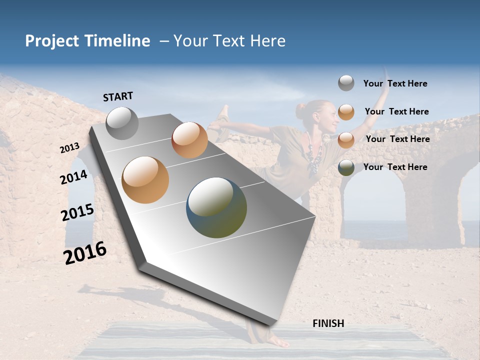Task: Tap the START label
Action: (x=118, y=96)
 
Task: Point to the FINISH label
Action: (x=328, y=323)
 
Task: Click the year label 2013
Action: (x=70, y=148)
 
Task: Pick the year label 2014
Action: (x=74, y=177)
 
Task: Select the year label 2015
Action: (x=77, y=212)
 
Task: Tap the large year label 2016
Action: (x=85, y=253)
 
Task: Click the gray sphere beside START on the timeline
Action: (x=122, y=123)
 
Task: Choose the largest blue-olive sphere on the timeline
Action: (x=216, y=207)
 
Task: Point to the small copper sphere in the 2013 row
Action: (x=189, y=140)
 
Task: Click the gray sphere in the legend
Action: (x=346, y=83)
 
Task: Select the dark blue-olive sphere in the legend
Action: (x=346, y=167)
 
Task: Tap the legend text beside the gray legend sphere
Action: (x=395, y=84)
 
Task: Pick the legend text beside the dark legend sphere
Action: (x=395, y=167)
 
